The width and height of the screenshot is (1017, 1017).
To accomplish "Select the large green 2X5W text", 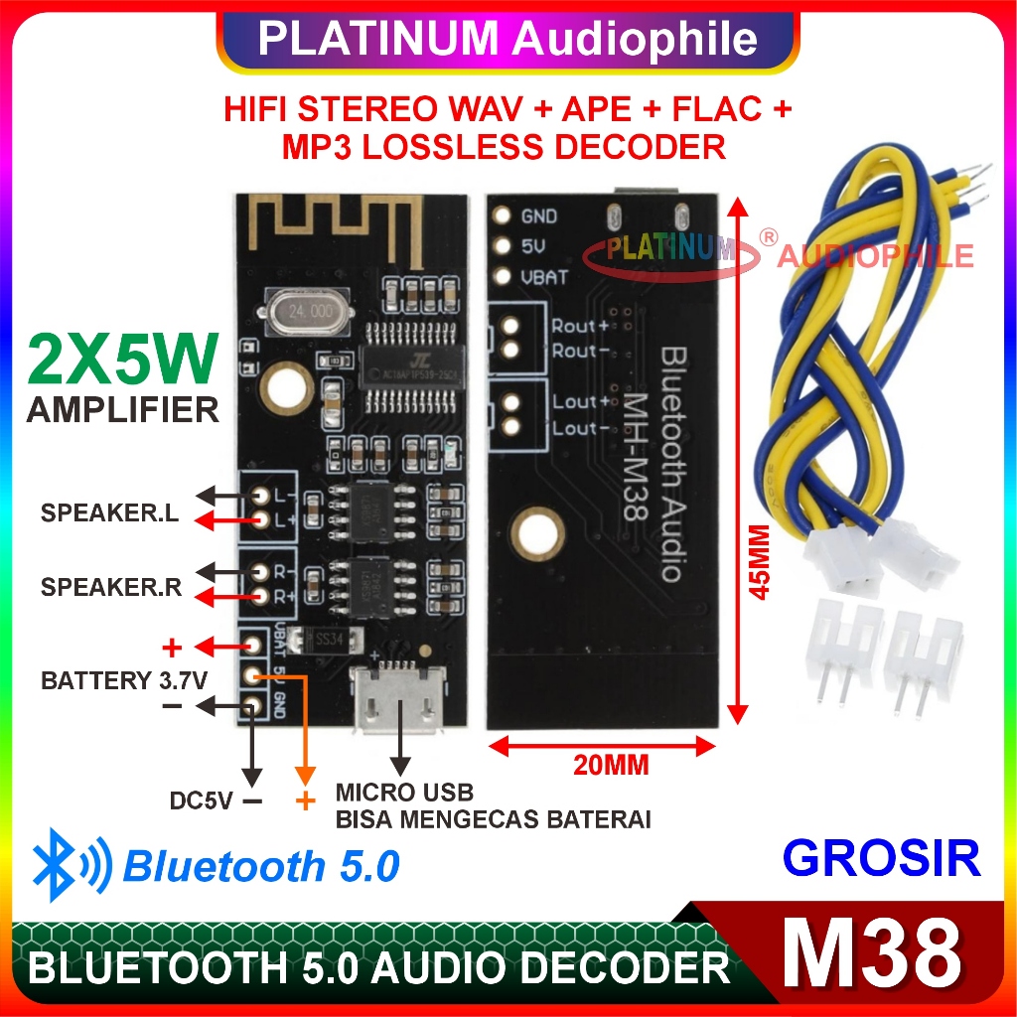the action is click(121, 363).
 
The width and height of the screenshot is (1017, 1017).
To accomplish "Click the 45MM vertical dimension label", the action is click(760, 561).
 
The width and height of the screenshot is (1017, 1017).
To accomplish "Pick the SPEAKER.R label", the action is click(111, 587).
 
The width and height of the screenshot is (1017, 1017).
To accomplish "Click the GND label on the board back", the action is click(539, 217).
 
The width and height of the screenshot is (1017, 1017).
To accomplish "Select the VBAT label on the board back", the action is click(544, 277).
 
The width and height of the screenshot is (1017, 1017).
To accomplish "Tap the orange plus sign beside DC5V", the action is click(305, 800).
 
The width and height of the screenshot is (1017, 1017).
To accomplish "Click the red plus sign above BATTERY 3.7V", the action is click(172, 650).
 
